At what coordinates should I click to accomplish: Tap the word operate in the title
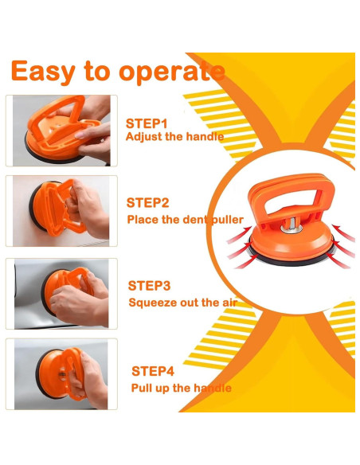click(x=172, y=72)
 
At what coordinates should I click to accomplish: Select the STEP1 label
click(x=147, y=123)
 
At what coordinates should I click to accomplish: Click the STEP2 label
click(x=147, y=203)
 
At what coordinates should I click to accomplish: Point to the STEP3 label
click(x=149, y=286)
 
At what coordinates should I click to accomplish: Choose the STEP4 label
click(x=153, y=371)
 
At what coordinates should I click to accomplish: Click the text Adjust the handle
click(x=174, y=137)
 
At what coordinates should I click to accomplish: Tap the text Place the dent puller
click(x=186, y=220)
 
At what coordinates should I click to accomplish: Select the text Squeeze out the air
click(x=183, y=303)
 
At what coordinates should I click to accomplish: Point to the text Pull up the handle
click(x=181, y=389)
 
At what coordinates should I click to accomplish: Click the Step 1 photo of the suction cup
click(x=61, y=131)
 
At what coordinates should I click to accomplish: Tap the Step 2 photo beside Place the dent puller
click(x=61, y=211)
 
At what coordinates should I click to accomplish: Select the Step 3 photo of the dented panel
click(x=61, y=294)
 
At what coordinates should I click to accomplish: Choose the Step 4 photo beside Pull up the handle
click(x=61, y=374)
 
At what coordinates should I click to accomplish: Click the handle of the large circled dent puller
click(x=292, y=190)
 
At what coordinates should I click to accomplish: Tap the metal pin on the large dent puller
click(x=292, y=225)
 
